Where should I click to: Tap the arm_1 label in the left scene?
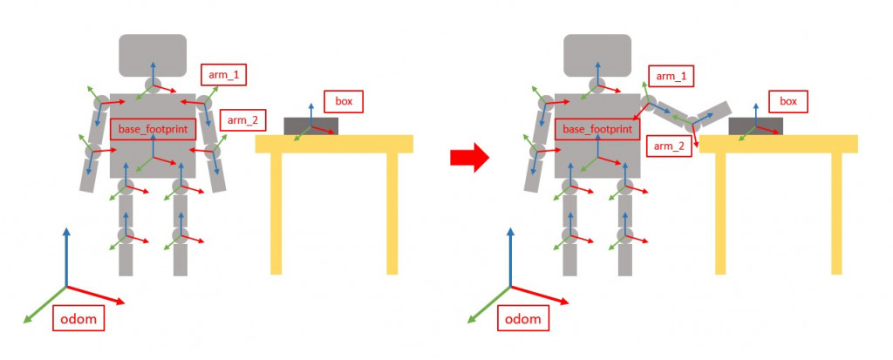point(223,75)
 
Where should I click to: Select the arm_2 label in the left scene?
point(243,119)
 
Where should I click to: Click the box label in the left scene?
point(343,101)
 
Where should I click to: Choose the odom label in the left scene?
point(78,319)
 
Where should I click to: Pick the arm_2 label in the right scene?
point(671,146)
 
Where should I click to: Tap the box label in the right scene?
point(787,101)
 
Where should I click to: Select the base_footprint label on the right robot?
point(597,129)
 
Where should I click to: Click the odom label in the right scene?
point(523,319)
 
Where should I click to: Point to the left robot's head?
point(153,54)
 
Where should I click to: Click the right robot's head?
point(597,54)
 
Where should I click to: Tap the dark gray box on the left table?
point(311,126)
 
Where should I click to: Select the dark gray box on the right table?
point(755,126)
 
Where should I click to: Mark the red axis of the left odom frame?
point(96,295)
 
